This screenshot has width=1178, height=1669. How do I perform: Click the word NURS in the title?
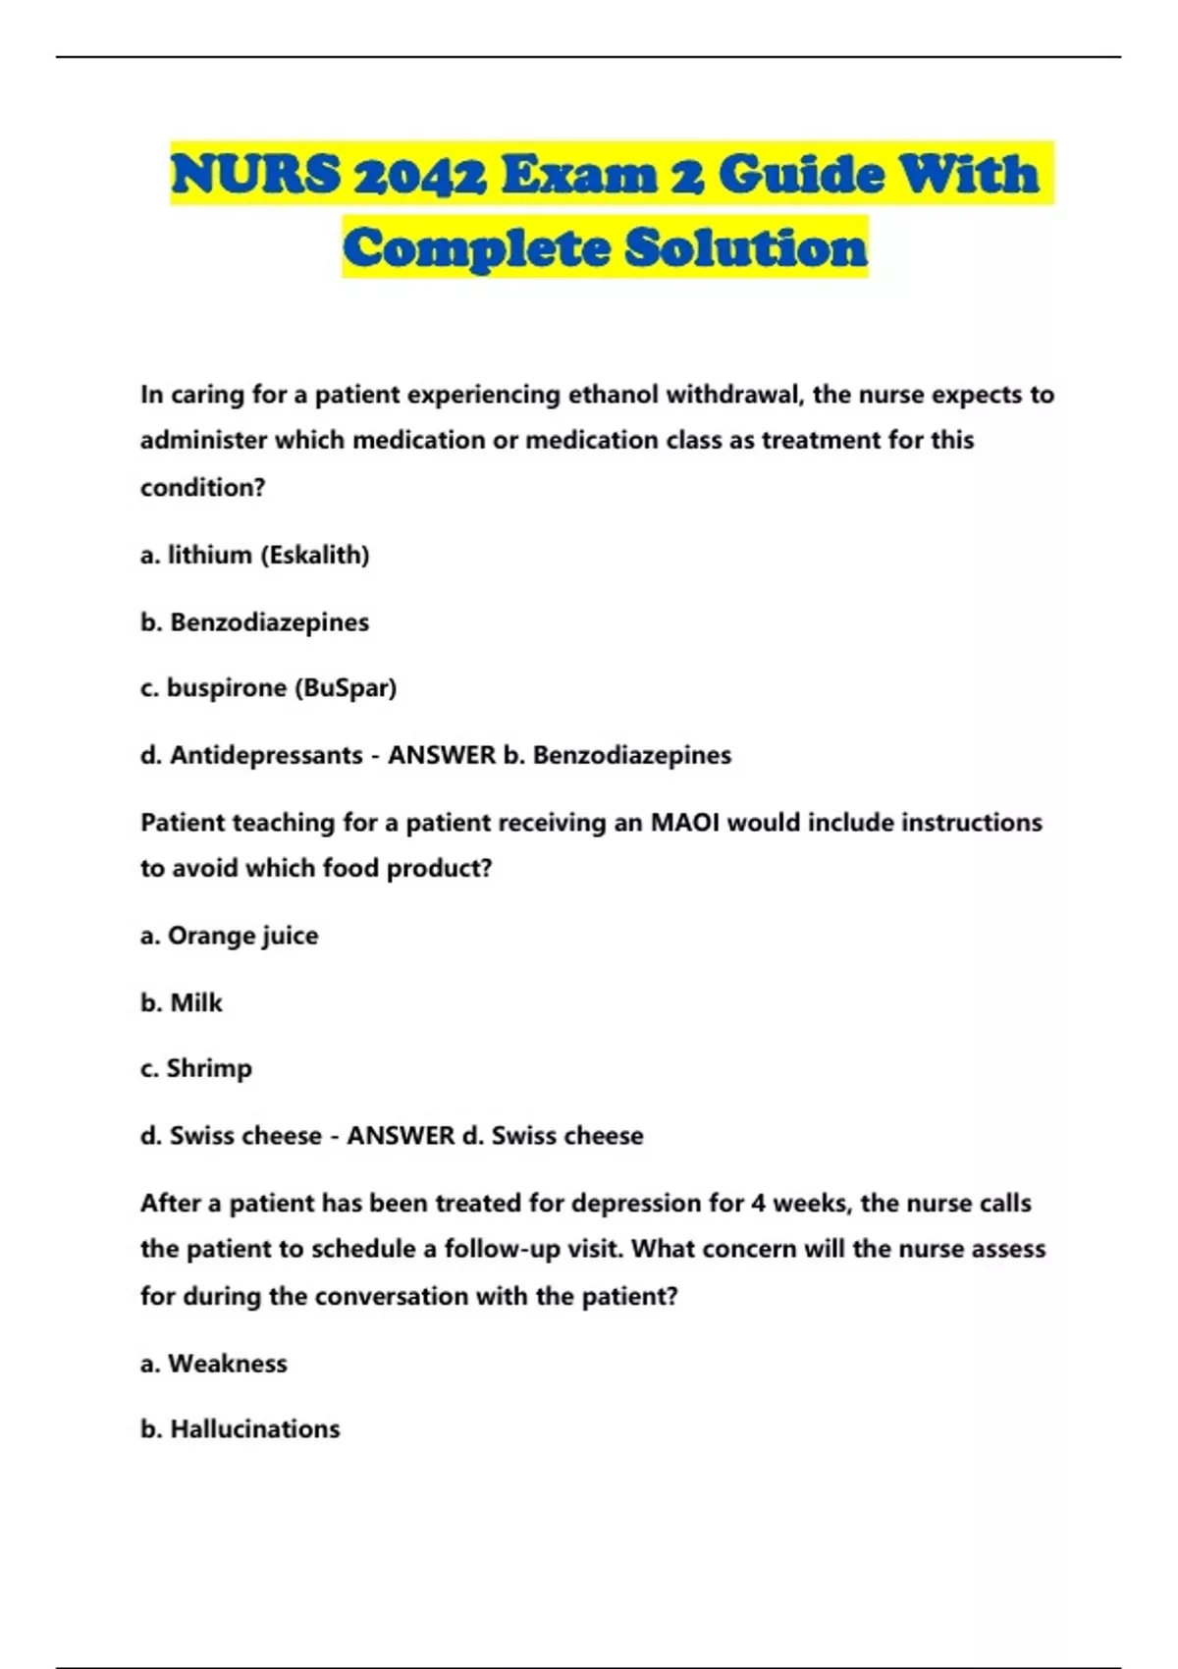(256, 175)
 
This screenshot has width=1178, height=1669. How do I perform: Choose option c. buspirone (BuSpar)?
(268, 688)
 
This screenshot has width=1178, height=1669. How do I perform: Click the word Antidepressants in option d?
(266, 755)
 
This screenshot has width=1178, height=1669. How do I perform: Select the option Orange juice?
(242, 936)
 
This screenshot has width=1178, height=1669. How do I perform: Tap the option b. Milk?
(182, 1002)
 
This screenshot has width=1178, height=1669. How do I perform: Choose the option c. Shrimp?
(196, 1068)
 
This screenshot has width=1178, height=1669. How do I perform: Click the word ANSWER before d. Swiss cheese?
(401, 1136)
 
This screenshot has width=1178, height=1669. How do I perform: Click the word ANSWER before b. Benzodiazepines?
(442, 755)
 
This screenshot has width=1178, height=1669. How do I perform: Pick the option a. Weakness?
(214, 1364)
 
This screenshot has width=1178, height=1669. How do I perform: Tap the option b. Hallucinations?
(241, 1429)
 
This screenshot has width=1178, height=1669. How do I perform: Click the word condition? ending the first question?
(202, 488)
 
